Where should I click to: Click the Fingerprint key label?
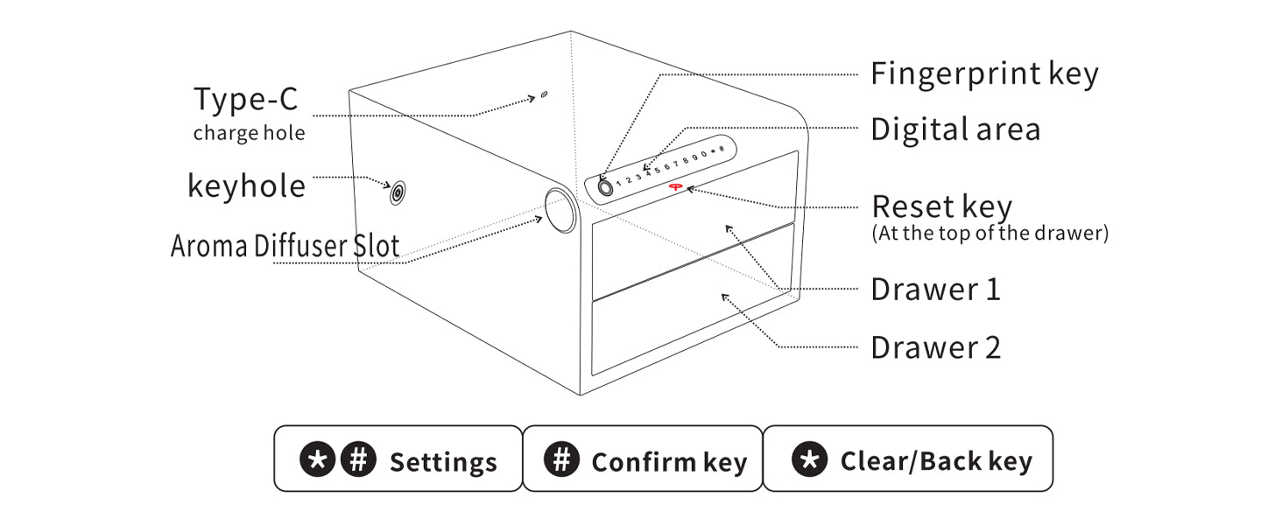point(983,74)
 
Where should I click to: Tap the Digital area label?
point(954,129)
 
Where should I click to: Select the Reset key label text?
point(941,207)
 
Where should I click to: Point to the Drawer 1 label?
point(934,290)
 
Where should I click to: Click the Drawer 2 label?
point(934,347)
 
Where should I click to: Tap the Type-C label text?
point(245,100)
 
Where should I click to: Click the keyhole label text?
point(246,185)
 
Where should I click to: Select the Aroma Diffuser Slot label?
point(285,246)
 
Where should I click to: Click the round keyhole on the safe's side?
point(398,192)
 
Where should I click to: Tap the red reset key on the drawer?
point(676,186)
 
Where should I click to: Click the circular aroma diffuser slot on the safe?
point(560,209)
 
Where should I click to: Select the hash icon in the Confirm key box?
point(560,459)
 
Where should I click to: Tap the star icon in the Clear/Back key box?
point(809,459)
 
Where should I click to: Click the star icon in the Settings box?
point(317,459)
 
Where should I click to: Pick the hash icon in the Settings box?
point(357,459)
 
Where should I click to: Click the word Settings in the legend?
point(443,462)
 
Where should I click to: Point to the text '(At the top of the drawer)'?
point(990,234)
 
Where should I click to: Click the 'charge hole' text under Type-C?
point(249,133)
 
